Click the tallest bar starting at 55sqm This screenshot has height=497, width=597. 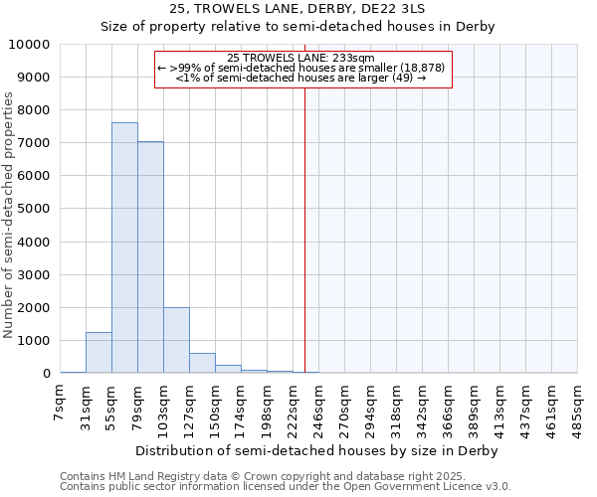[x=124, y=248]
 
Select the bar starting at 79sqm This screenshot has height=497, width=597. [x=150, y=257]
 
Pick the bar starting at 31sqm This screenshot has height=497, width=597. [x=99, y=353]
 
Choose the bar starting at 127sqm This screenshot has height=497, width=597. [x=202, y=363]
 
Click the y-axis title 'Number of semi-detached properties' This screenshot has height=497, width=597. [x=10, y=215]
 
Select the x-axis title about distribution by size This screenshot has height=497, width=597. [x=315, y=450]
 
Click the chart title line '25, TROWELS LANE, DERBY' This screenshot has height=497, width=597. [x=298, y=8]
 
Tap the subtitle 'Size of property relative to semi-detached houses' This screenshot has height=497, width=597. [x=298, y=26]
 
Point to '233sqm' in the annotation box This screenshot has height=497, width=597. [x=356, y=58]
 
